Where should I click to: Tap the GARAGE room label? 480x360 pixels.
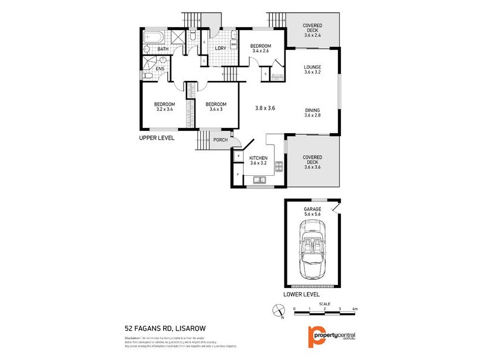click(312, 209)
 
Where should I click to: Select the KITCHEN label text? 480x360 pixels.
click(259, 158)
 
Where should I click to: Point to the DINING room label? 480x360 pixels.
click(312, 110)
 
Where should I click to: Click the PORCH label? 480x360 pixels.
click(220, 140)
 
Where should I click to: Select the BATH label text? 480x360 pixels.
click(163, 49)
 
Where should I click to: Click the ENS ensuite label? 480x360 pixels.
click(160, 69)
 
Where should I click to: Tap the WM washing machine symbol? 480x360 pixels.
click(233, 44)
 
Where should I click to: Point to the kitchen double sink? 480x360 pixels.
click(259, 179)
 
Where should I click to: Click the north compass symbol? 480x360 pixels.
click(278, 311)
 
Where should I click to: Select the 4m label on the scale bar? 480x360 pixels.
click(355, 309)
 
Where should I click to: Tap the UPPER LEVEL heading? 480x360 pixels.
click(157, 137)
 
